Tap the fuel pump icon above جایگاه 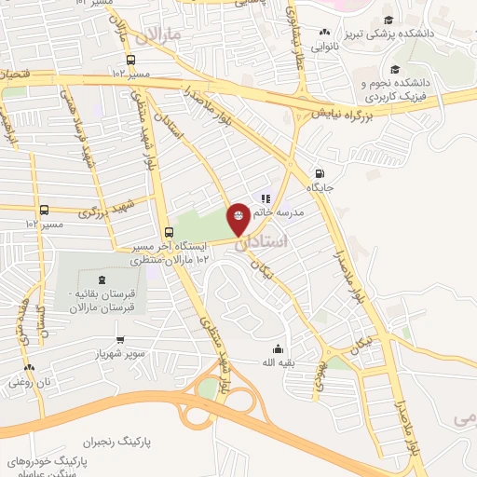pos(320,173)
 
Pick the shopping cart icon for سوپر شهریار pos(120,338)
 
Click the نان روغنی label pos(29,381)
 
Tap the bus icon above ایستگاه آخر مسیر pos(169,233)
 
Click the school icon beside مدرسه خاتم pos(265,198)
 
